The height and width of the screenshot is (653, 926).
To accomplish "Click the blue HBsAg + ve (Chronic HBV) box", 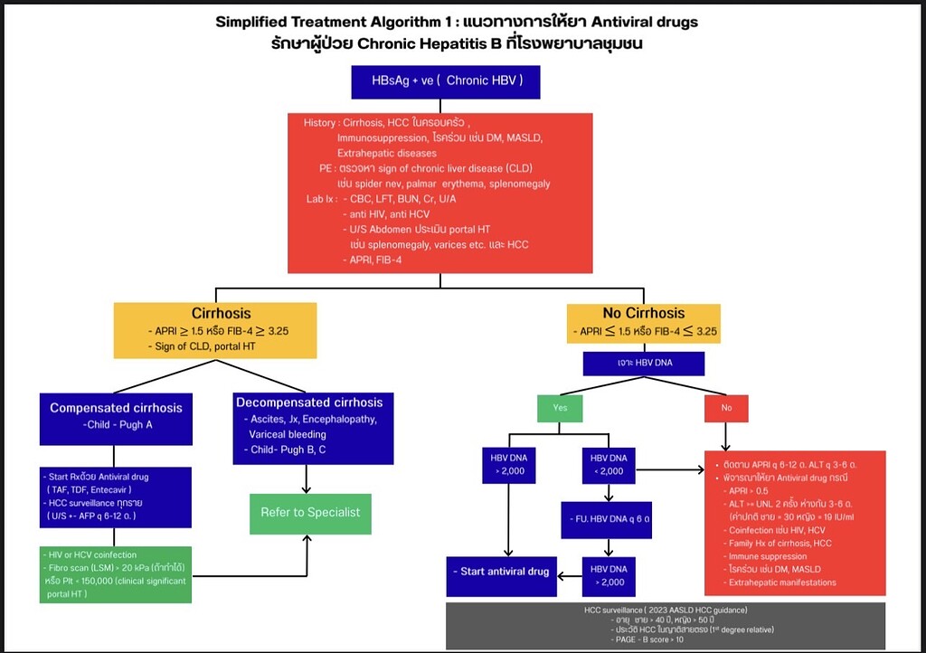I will pos(439,80).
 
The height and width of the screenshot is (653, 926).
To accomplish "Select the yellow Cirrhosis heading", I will pos(215,313).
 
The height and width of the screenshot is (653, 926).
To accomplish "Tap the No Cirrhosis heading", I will pos(645,313).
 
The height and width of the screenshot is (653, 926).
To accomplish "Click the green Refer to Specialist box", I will pos(310,512).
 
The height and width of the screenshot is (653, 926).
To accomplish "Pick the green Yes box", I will pos(561,408).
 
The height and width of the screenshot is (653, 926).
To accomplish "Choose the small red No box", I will pos(726,408).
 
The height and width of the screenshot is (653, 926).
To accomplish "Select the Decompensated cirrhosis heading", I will pos(308,402).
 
